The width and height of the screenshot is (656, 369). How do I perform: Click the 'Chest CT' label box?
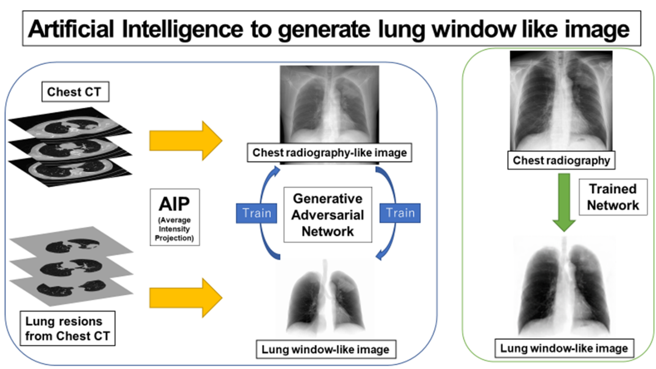(x=75, y=92)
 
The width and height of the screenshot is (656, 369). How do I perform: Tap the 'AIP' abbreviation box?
(x=174, y=217)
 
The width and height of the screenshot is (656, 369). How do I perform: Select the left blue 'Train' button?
(x=257, y=213)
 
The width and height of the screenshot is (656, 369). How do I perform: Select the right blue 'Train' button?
(x=400, y=213)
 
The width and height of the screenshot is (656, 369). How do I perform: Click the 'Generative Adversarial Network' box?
(x=328, y=215)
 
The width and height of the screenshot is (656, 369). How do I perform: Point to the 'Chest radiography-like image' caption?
(x=330, y=153)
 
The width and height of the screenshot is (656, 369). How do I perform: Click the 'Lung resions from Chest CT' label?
(x=68, y=328)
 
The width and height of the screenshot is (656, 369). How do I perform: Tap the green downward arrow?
(x=564, y=201)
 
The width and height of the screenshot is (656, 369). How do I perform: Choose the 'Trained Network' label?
(x=613, y=197)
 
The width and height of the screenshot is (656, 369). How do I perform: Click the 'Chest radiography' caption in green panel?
(x=561, y=160)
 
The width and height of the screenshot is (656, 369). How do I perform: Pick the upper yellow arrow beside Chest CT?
(x=185, y=140)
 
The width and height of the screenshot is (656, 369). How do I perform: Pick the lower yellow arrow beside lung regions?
(x=185, y=297)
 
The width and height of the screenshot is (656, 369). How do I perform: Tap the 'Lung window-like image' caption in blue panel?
(x=325, y=349)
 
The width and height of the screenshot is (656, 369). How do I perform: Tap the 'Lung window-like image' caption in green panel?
(x=564, y=348)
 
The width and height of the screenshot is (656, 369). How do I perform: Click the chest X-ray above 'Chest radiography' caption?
(x=561, y=101)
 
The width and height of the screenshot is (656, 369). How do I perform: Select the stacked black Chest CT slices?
(x=70, y=147)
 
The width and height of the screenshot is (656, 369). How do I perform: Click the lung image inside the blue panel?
(x=326, y=300)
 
